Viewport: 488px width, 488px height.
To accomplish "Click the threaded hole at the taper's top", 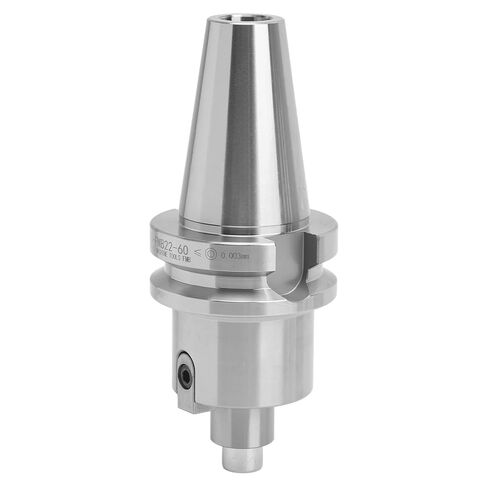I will [244, 17].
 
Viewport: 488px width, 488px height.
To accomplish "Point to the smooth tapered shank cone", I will [241, 120].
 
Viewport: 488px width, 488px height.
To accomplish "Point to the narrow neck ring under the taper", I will [240, 214].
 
